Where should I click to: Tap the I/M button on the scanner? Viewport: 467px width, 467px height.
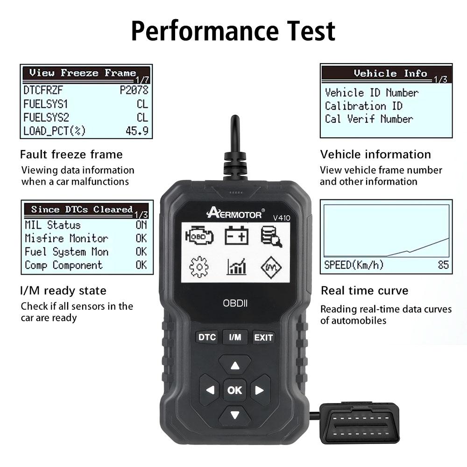235,337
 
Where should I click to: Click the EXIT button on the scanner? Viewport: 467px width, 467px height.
263,337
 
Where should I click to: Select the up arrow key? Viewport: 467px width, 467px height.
235,365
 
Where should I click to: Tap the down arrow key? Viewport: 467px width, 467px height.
235,414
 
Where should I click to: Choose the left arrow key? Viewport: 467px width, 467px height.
210,390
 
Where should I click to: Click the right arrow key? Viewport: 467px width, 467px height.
260,390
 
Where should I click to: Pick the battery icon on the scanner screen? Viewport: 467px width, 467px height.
236,235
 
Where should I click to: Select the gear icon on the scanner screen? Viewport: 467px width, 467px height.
199,267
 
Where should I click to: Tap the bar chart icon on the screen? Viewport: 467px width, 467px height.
236,267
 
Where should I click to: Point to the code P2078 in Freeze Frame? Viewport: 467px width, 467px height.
134,90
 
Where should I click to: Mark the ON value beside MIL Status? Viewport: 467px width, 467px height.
141,225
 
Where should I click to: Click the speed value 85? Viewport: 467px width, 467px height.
443,265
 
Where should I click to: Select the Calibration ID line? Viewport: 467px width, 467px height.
363,106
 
